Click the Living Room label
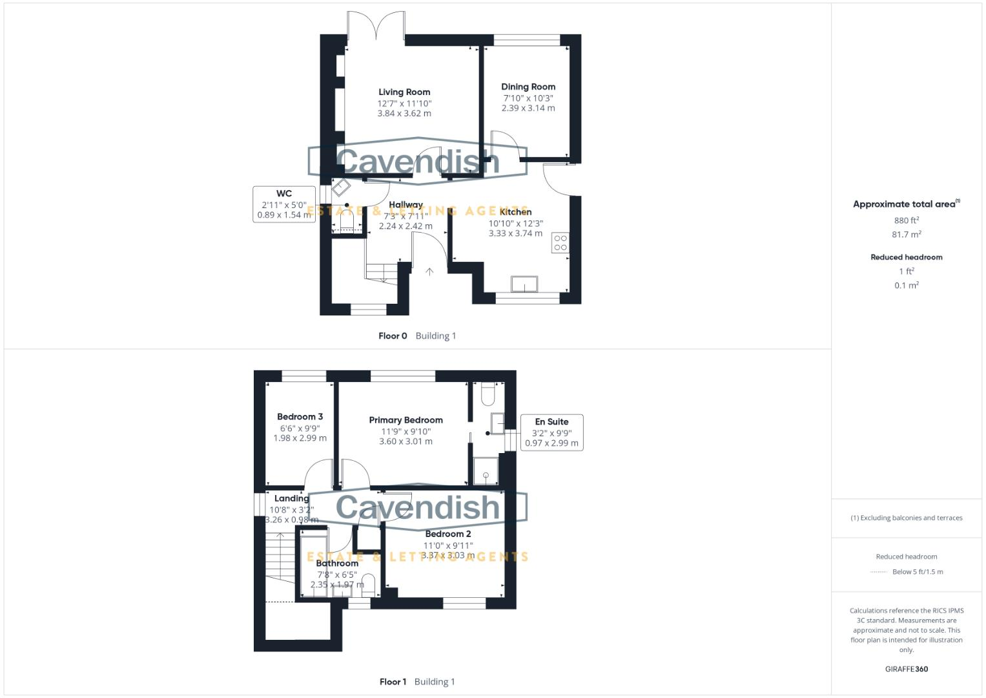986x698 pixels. point(404,92)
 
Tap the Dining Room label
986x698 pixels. point(528,87)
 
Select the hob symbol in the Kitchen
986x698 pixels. point(560,243)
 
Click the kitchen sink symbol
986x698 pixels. point(524,284)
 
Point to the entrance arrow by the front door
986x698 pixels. point(429,272)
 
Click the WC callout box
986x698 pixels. point(284,204)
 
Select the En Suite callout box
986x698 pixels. point(551,432)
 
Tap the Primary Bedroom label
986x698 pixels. point(406,420)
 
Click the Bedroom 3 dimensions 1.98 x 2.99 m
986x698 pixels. point(300,438)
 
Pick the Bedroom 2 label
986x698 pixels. point(447,534)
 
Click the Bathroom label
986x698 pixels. point(337,563)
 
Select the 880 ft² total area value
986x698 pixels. point(906,220)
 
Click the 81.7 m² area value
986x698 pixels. point(906,235)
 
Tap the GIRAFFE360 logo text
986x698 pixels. point(906,669)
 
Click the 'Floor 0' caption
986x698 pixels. point(393,336)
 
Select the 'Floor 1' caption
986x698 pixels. point(393,682)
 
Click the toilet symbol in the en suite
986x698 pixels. point(488,394)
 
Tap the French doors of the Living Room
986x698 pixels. point(376,26)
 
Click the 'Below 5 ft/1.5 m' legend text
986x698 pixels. point(917,572)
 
